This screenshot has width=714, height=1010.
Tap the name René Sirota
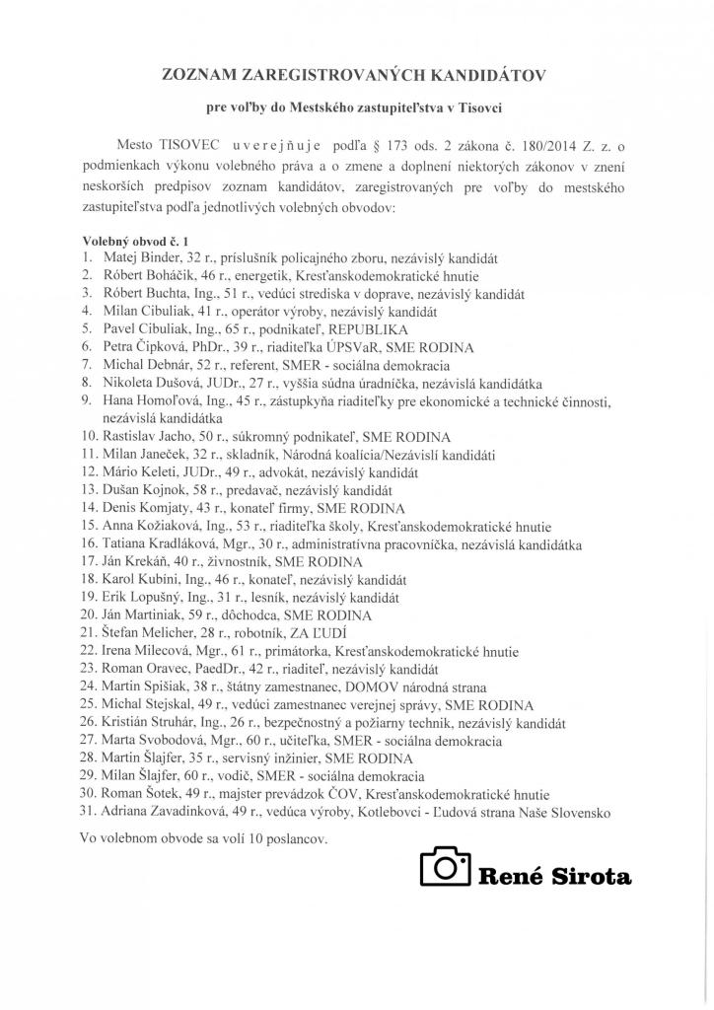[x=554, y=875]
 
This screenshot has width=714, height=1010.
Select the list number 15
[x=87, y=526]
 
